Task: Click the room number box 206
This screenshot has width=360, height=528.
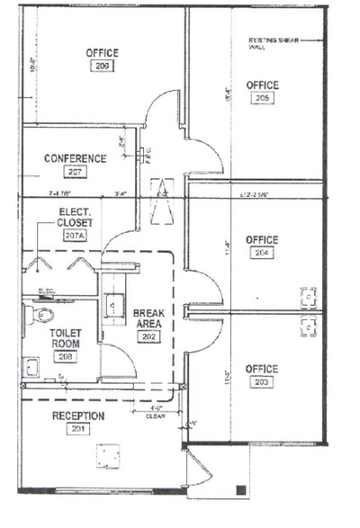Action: click(102, 66)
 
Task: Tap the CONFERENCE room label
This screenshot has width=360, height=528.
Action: click(76, 158)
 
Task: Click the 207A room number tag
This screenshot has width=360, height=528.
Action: click(74, 236)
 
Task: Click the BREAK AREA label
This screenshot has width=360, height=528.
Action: click(148, 318)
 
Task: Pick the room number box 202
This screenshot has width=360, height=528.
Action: click(148, 336)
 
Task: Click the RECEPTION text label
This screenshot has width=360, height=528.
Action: click(78, 416)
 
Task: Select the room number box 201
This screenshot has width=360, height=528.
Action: click(77, 429)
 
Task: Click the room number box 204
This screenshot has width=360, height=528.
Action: click(262, 254)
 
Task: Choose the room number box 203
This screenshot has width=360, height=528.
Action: click(262, 382)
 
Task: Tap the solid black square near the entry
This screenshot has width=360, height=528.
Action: click(240, 488)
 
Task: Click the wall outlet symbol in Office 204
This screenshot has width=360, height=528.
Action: click(308, 294)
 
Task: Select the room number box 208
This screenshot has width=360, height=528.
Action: click(65, 356)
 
